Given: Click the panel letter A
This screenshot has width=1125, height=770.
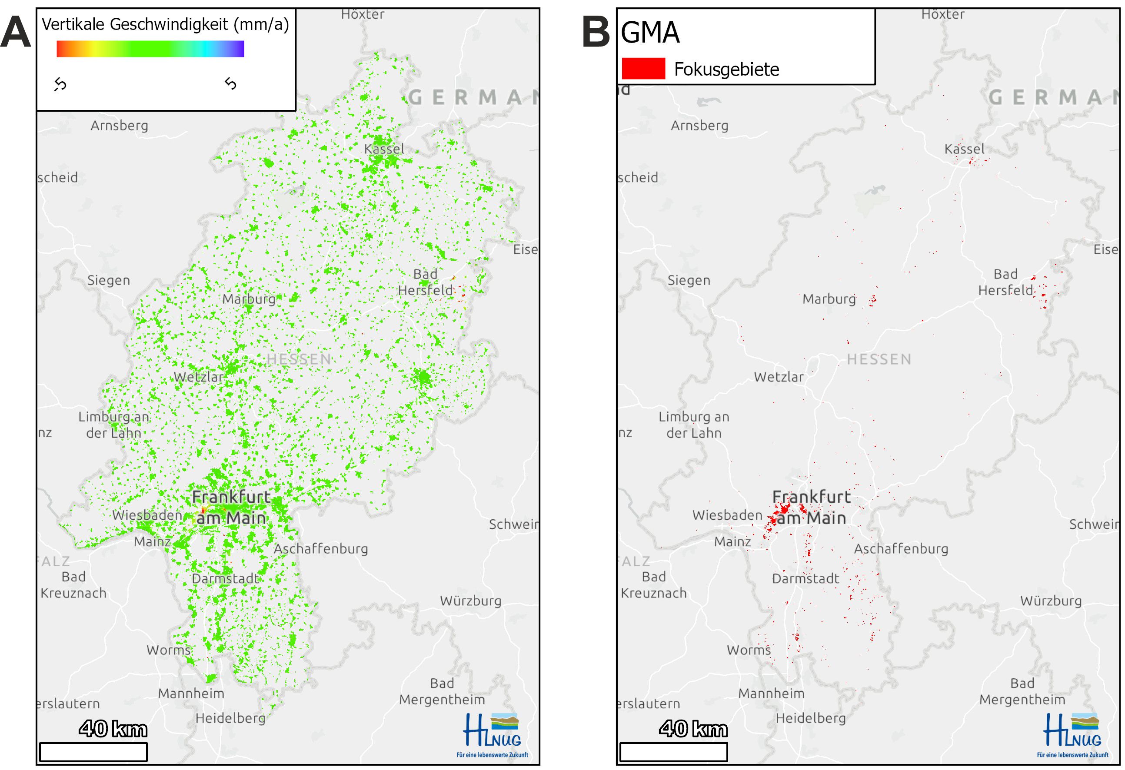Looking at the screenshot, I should pyautogui.click(x=16, y=32).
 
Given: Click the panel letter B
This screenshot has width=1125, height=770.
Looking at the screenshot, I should pyautogui.click(x=596, y=32).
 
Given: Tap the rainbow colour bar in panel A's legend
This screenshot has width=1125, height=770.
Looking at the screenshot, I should pyautogui.click(x=150, y=49).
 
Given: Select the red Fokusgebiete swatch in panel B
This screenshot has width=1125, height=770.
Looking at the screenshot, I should pyautogui.click(x=643, y=68).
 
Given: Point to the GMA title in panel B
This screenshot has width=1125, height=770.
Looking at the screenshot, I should pyautogui.click(x=650, y=33).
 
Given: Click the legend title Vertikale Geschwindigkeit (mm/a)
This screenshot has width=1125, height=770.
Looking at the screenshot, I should pyautogui.click(x=165, y=24).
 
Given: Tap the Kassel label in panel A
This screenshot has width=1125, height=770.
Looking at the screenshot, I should pyautogui.click(x=384, y=149).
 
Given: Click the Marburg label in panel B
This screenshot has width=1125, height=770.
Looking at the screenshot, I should pyautogui.click(x=829, y=299).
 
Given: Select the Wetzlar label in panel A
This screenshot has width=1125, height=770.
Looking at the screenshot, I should pyautogui.click(x=199, y=377).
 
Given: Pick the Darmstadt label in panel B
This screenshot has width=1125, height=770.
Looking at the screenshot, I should pyautogui.click(x=805, y=578).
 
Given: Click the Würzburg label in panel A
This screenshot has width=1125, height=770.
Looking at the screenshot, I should pyautogui.click(x=470, y=601).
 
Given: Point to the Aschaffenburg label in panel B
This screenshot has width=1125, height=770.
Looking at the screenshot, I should pyautogui.click(x=901, y=549).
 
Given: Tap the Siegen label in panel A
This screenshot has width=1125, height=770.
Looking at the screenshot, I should pyautogui.click(x=108, y=280).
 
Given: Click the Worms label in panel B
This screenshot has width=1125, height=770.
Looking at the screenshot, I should pyautogui.click(x=749, y=650).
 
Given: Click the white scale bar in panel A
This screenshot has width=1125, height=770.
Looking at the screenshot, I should pyautogui.click(x=93, y=752).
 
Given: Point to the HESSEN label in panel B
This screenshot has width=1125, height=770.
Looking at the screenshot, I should pyautogui.click(x=879, y=359).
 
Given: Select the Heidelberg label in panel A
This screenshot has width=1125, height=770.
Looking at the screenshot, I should pyautogui.click(x=230, y=718).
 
